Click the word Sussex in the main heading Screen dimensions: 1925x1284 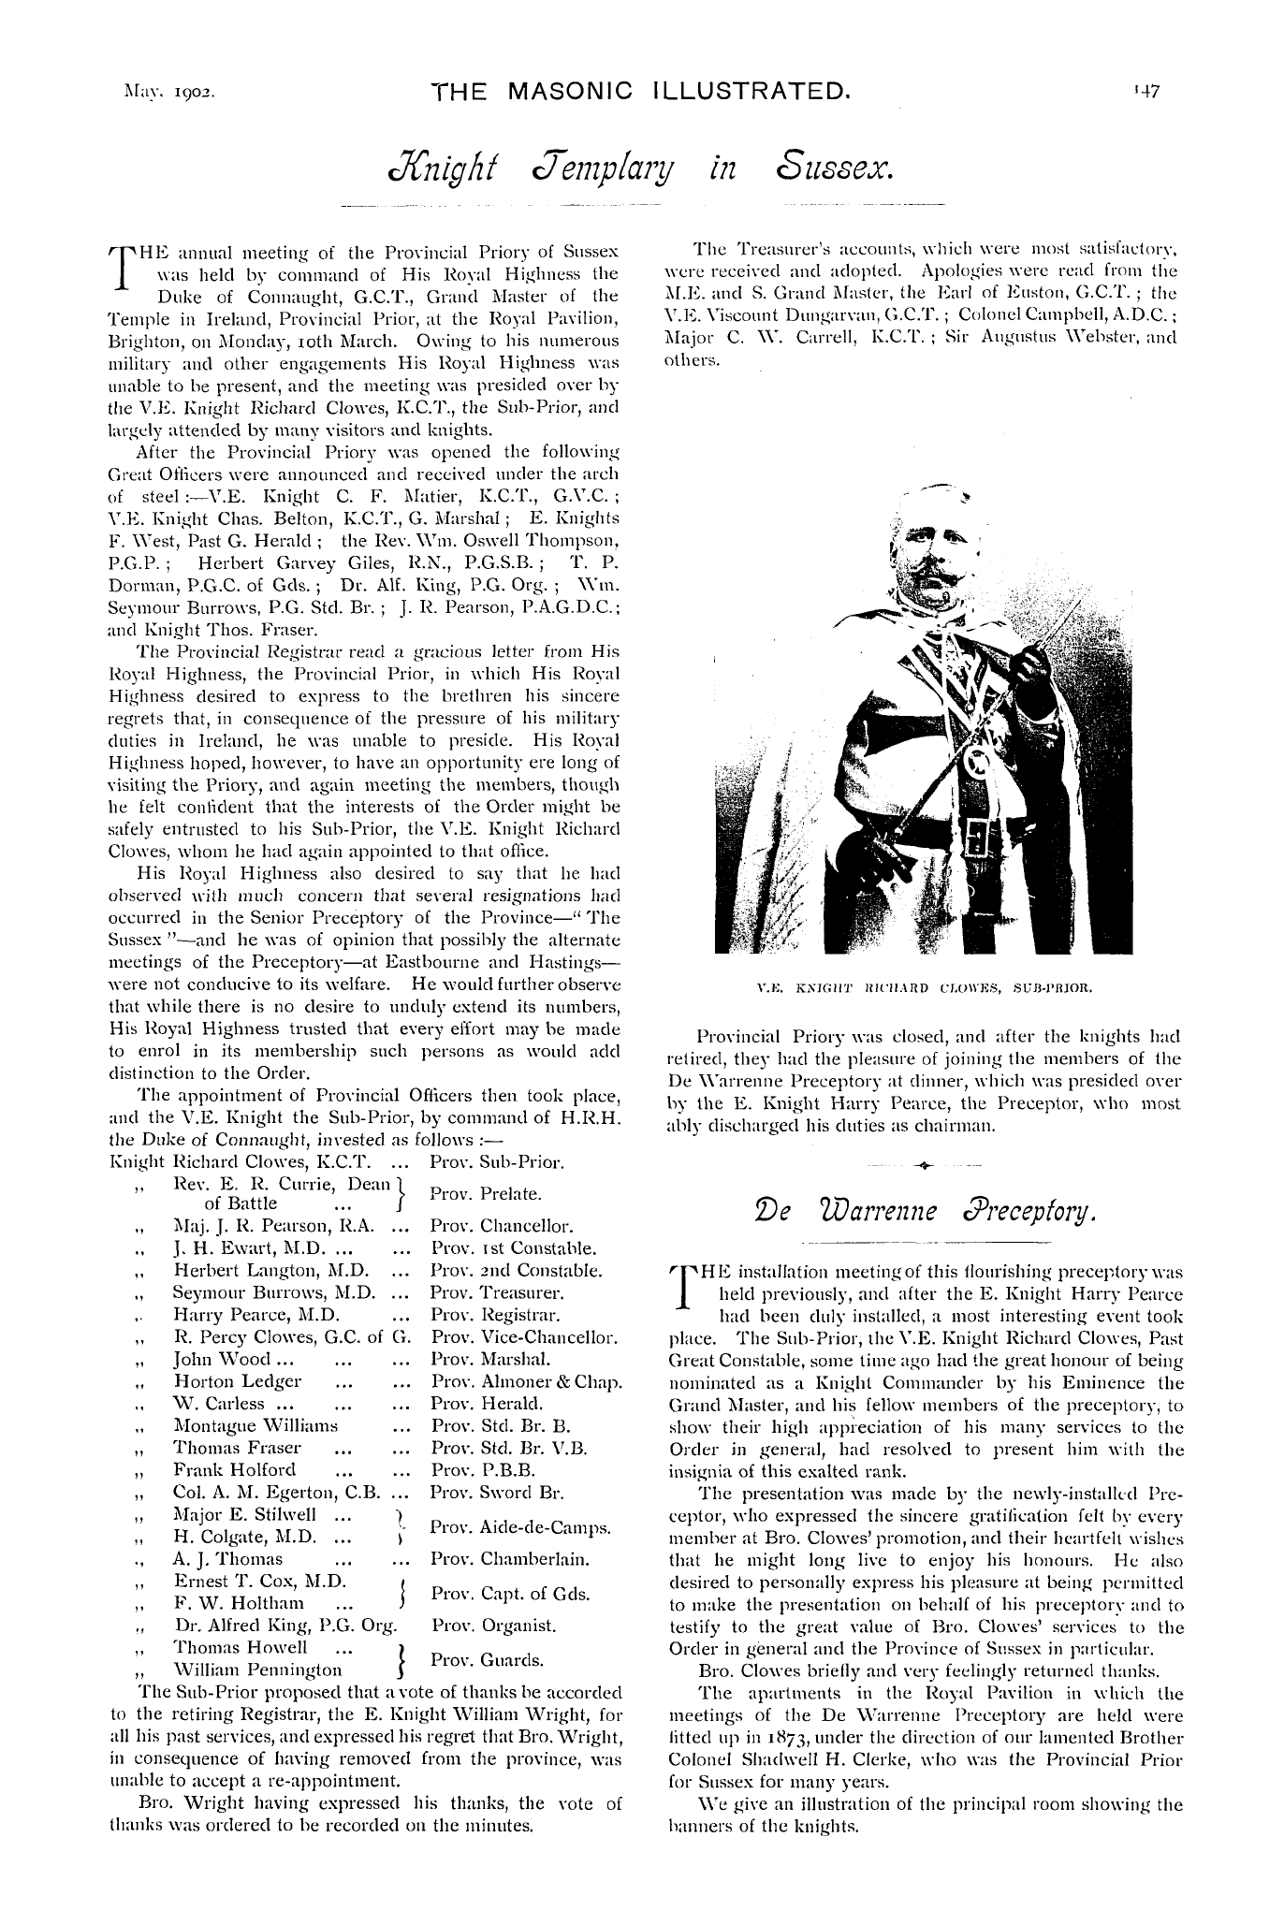[x=838, y=169]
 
